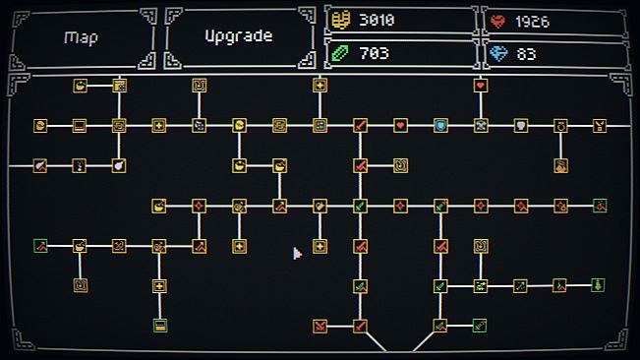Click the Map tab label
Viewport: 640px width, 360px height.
coord(81,37)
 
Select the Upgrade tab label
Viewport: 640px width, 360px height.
coord(239,36)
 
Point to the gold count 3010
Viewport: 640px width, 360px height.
coord(377,20)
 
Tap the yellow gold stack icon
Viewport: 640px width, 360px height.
coord(340,20)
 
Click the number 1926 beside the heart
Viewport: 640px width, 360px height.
coord(532,22)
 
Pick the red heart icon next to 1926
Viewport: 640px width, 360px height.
coord(498,22)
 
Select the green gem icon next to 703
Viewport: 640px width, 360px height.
coord(340,53)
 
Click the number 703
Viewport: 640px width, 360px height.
coord(374,53)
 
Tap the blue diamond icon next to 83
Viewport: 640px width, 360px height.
coord(498,53)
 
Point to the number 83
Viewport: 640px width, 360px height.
coord(526,54)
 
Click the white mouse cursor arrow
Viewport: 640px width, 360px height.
coord(297,254)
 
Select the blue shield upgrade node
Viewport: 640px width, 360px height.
coord(440,126)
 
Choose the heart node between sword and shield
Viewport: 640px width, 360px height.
coord(400,126)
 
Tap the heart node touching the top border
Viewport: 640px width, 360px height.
coord(481,86)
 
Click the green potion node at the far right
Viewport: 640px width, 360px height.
coord(598,285)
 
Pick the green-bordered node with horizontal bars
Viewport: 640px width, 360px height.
coord(160,326)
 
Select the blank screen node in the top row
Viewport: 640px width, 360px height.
coord(80,126)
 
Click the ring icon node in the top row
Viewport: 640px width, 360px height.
coord(560,126)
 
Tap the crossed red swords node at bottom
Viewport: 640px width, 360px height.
coord(320,326)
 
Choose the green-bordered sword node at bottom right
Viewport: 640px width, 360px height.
coord(479,326)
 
